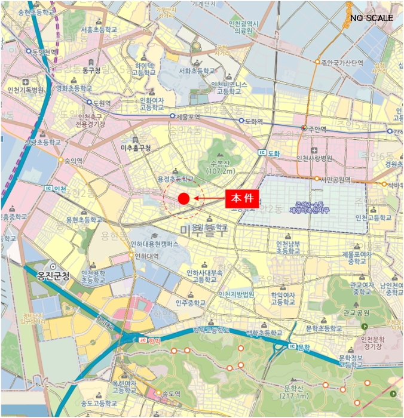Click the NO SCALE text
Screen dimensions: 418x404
[x=372, y=18]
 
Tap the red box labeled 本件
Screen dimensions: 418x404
[x=241, y=199]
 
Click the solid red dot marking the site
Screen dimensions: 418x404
[x=183, y=198]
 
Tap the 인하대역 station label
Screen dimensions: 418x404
[x=146, y=256]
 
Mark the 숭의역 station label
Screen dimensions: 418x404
[x=75, y=161]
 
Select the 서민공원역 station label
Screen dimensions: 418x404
[x=336, y=178]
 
